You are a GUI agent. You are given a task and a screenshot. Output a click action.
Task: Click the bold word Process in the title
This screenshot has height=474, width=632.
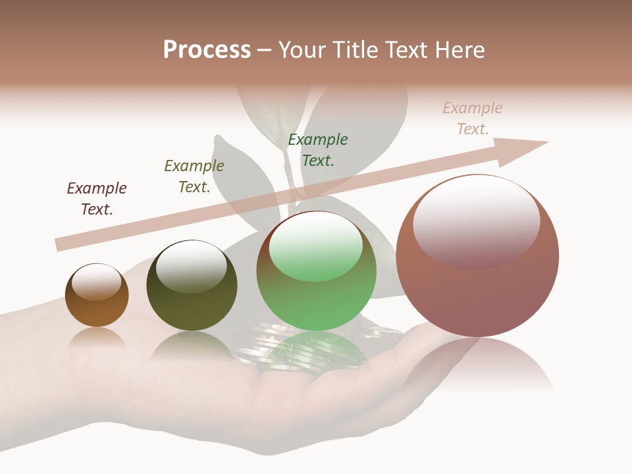(207, 49)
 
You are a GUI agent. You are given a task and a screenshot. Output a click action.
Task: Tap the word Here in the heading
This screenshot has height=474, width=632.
(458, 49)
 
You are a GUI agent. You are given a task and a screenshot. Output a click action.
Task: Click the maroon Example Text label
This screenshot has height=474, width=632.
(97, 199)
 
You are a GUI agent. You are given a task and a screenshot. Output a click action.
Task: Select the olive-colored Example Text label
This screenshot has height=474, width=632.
(194, 176)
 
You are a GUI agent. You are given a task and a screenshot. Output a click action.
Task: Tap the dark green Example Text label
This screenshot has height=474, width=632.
(318, 149)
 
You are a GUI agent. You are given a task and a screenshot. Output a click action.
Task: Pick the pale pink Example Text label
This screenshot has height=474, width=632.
(473, 118)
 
